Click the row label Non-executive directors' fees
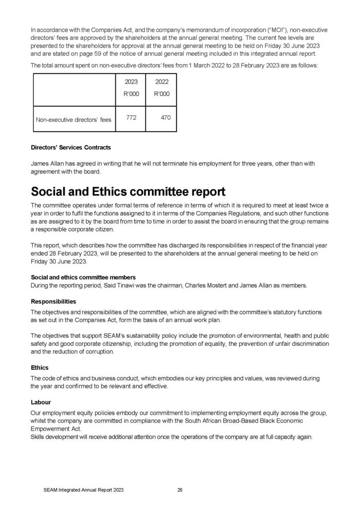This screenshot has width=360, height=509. pyautogui.click(x=74, y=119)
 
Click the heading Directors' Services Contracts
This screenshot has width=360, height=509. pyautogui.click(x=71, y=148)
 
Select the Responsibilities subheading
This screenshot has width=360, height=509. pyautogui.click(x=54, y=301)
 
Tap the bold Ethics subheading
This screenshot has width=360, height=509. pyautogui.click(x=40, y=368)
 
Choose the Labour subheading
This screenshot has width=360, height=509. pyautogui.click(x=41, y=402)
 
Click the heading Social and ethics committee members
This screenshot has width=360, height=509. pyautogui.click(x=83, y=277)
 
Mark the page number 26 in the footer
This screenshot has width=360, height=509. pyautogui.click(x=180, y=490)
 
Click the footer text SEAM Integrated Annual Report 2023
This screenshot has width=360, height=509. pyautogui.click(x=83, y=490)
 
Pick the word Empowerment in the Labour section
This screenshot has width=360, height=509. pyautogui.click(x=48, y=428)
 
